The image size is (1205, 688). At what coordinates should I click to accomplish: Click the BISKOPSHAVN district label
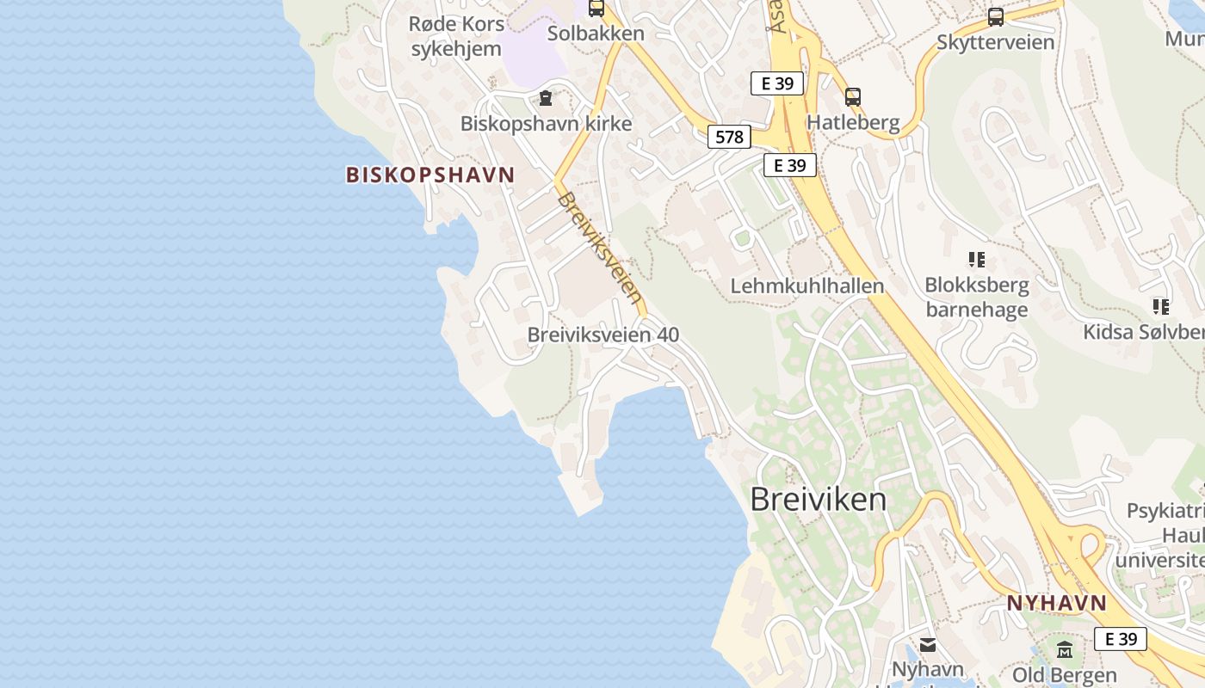click(429, 175)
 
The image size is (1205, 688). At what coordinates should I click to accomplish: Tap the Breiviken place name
click(818, 499)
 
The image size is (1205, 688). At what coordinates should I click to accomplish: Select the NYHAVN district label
click(1056, 603)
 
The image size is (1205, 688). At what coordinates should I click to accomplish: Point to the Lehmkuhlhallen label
click(806, 286)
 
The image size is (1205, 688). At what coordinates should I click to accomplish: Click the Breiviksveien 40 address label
click(602, 335)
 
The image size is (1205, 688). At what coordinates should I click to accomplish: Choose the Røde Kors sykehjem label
click(455, 36)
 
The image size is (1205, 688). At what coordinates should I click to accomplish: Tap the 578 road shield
click(729, 136)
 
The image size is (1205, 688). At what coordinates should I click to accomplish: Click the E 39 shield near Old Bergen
click(1121, 638)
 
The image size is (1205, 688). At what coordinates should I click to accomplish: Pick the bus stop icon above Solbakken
click(596, 9)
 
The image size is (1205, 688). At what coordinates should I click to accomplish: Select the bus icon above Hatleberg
click(852, 97)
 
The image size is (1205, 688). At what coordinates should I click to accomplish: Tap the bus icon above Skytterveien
click(995, 16)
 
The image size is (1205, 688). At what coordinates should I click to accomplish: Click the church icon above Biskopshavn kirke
click(545, 98)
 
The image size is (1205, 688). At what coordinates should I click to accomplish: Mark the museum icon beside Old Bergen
click(1065, 649)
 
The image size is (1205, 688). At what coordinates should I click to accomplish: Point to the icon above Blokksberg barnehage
click(976, 259)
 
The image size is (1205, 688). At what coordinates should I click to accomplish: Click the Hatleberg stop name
click(853, 122)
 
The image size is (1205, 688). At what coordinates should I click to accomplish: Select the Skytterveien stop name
click(995, 41)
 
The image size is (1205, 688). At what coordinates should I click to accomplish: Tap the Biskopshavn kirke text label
click(546, 123)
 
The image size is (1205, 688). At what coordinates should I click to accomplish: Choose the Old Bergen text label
click(1065, 674)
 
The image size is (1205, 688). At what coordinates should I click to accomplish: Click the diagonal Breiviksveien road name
click(600, 248)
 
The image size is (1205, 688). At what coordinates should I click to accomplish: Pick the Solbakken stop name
click(596, 34)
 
